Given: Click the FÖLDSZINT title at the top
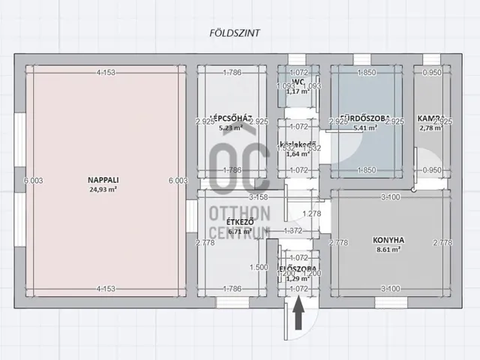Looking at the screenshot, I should [231, 32].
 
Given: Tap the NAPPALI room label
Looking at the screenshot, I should [101, 180].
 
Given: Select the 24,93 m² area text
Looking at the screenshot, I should [101, 189].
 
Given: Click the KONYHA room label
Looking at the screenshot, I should [388, 241].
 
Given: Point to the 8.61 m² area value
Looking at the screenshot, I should [388, 250].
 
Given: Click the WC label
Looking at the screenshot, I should [298, 81].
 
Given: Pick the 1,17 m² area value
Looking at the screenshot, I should [298, 92].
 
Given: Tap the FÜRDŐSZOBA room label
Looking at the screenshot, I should [364, 118].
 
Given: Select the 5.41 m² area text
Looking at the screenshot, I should [364, 127].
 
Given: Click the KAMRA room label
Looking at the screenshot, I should [430, 118].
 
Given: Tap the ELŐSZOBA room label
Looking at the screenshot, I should [297, 268].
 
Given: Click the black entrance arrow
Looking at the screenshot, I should [298, 314].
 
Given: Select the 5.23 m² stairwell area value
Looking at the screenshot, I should [230, 127].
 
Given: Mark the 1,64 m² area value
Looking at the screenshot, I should [298, 154].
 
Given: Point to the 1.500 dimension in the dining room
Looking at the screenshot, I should [259, 267].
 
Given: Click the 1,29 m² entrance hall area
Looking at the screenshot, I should [298, 279].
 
